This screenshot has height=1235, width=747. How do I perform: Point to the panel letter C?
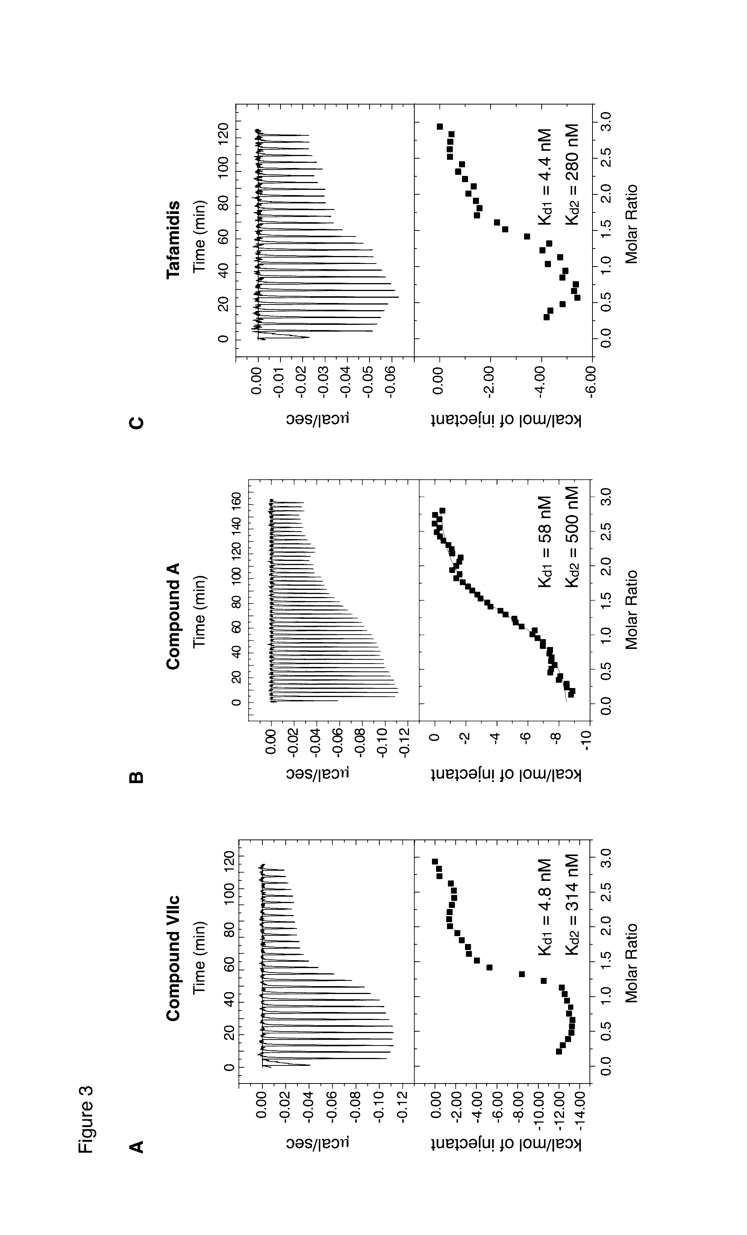coord(137,423)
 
